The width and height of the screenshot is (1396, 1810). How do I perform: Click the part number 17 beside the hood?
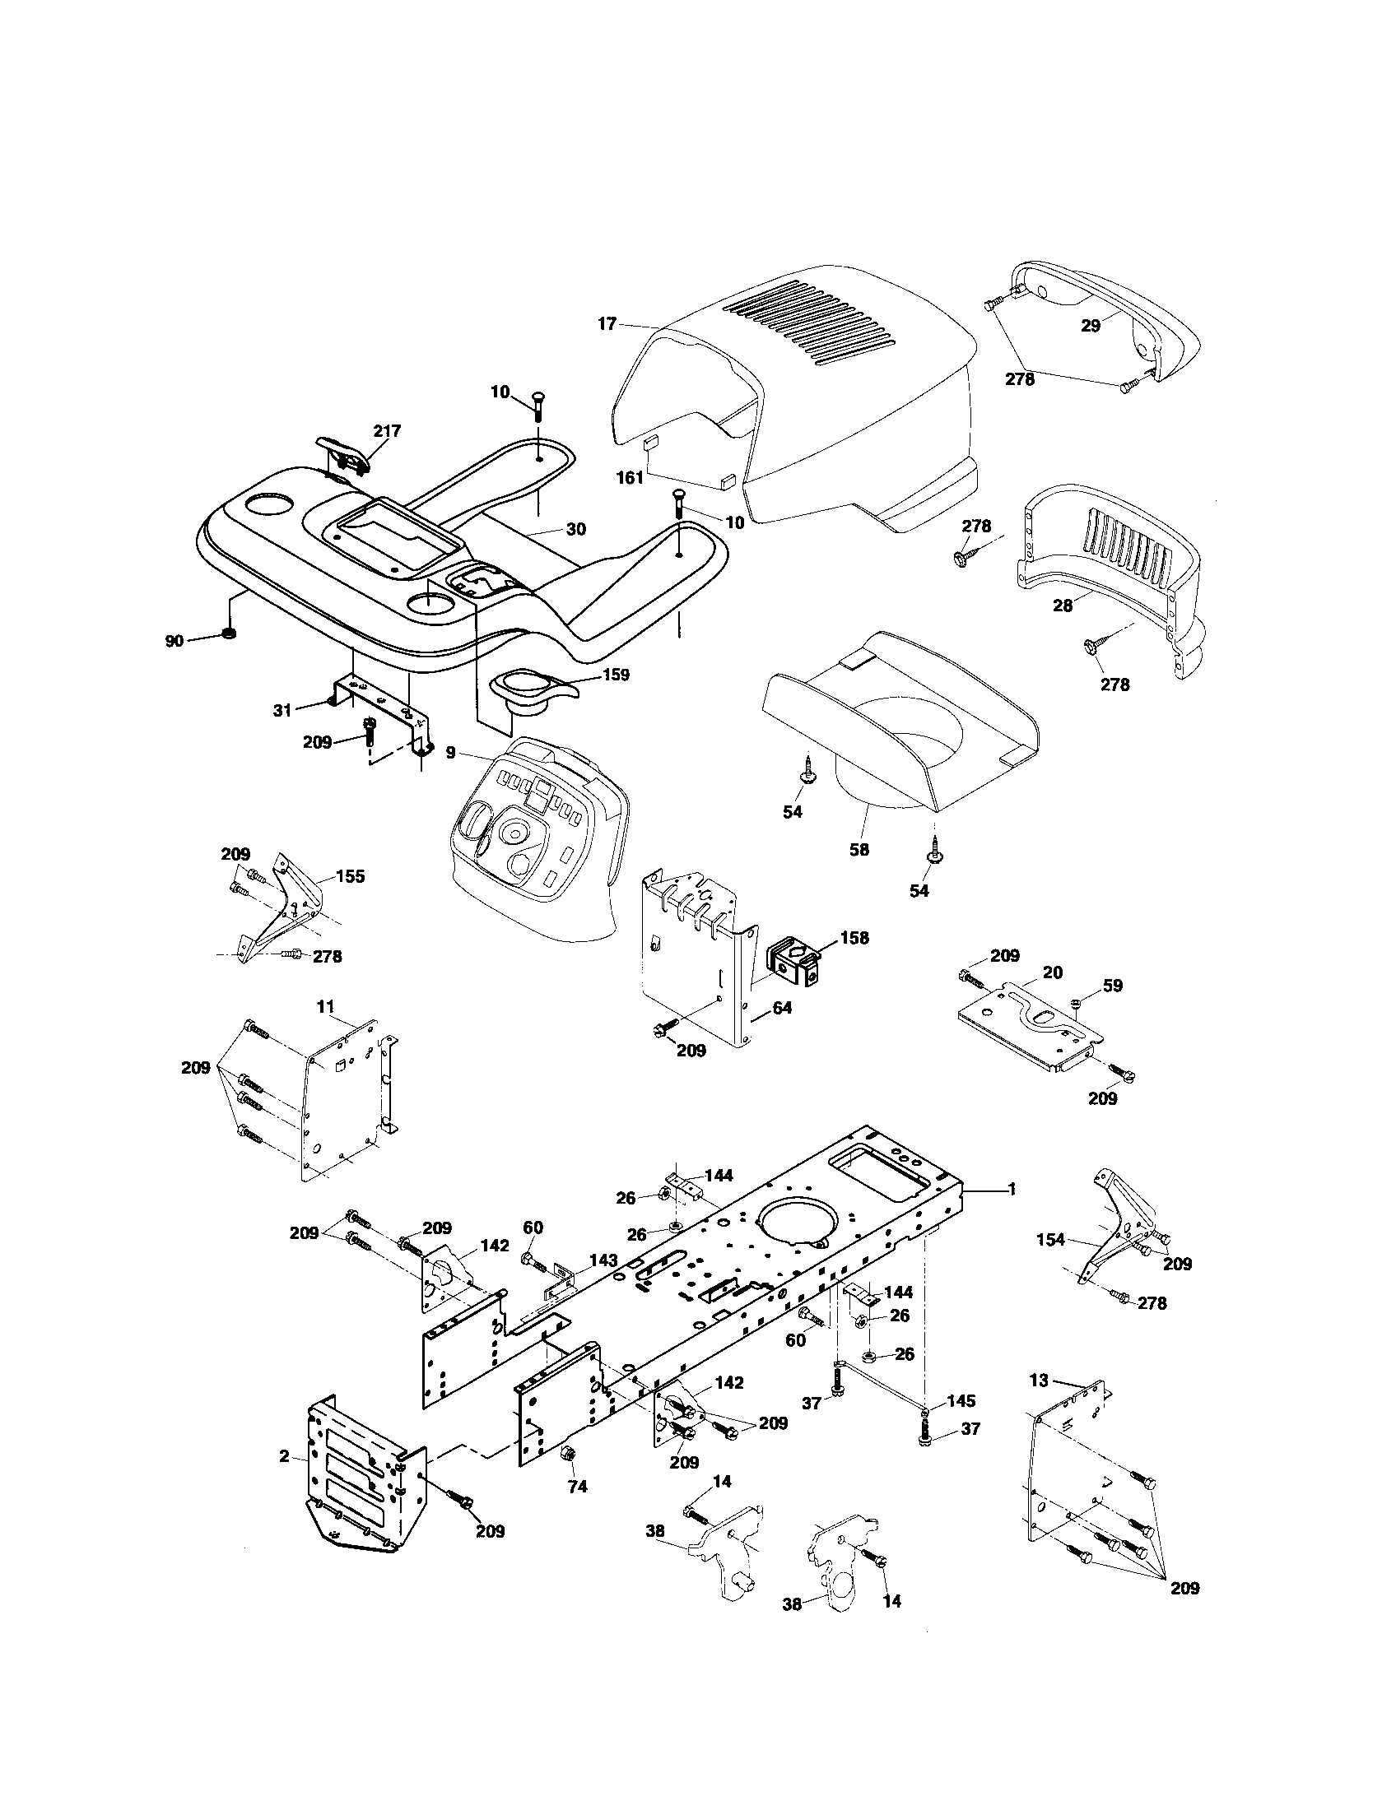(x=607, y=324)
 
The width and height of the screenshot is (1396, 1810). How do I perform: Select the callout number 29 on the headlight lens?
(x=1091, y=326)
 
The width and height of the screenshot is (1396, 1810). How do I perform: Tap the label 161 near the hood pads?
(x=630, y=478)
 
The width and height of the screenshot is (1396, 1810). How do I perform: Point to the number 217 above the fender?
(x=386, y=431)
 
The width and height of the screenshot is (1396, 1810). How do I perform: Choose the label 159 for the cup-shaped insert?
(x=614, y=675)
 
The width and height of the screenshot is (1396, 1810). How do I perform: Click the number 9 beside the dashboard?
(x=450, y=753)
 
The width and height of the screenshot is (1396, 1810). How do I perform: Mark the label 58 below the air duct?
(x=859, y=850)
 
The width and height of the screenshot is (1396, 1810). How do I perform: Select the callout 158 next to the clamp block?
(x=854, y=937)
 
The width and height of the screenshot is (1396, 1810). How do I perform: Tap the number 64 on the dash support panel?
(x=782, y=1008)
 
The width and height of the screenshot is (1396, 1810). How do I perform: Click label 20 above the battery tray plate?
(x=1053, y=972)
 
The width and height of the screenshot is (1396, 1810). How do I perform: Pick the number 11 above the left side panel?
(x=324, y=1006)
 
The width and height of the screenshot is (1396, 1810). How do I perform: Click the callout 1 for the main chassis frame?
(x=1012, y=1190)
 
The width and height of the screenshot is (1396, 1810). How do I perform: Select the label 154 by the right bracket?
(x=1051, y=1240)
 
